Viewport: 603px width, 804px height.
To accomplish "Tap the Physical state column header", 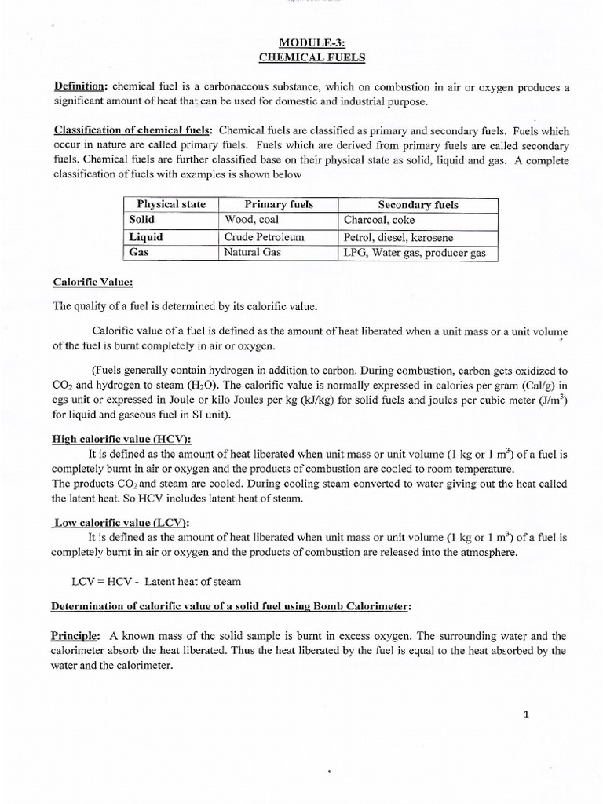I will pyautogui.click(x=171, y=204).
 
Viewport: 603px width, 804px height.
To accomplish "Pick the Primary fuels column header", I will pyautogui.click(x=279, y=204).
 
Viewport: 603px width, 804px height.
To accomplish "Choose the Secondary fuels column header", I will pyautogui.click(x=418, y=205).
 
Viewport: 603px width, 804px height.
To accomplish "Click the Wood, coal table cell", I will pyautogui.click(x=251, y=220).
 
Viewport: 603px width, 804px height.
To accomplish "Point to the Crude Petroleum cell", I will pyautogui.click(x=264, y=237).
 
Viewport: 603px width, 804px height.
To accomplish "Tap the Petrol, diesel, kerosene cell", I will pyautogui.click(x=398, y=237).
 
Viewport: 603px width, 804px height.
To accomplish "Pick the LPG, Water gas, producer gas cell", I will pyautogui.click(x=415, y=253).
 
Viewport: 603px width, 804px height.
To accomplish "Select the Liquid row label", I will pyautogui.click(x=146, y=237).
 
